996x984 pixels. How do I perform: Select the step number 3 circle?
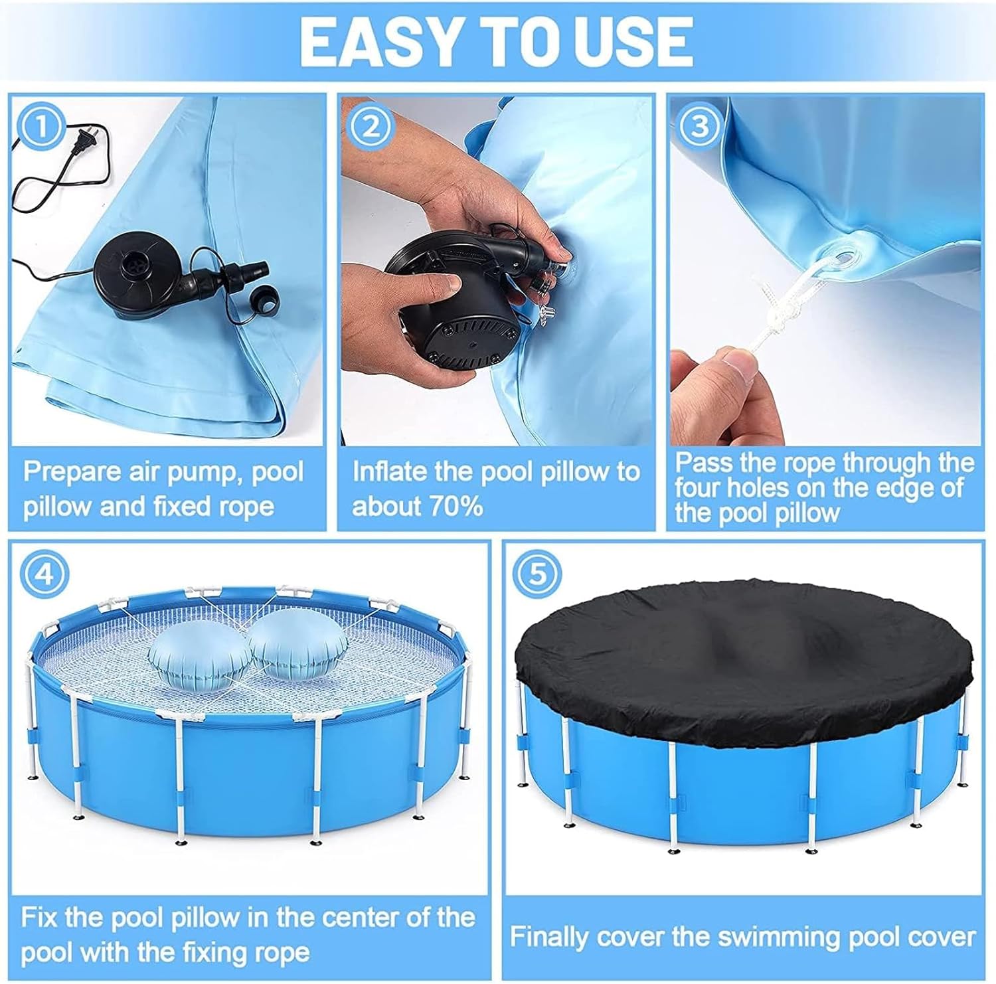[x=699, y=127]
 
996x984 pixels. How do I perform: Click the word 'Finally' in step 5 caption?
[x=550, y=938]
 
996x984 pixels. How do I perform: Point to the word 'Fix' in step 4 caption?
[x=38, y=918]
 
